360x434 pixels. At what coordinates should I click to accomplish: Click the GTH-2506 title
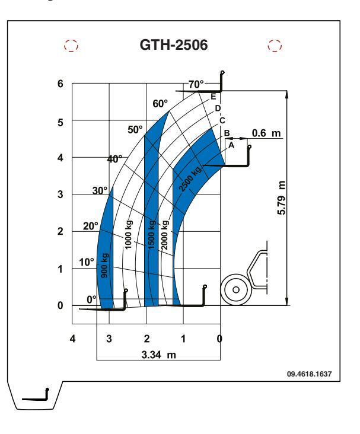174,45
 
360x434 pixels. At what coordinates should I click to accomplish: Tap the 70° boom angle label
196,84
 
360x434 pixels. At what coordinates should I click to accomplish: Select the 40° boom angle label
114,159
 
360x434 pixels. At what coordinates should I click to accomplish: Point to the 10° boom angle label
87,262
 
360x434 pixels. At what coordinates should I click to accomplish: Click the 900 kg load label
105,266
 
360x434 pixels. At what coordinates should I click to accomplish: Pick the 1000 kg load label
129,234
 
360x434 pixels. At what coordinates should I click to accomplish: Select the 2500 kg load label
190,179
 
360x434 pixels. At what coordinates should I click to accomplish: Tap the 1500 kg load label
151,235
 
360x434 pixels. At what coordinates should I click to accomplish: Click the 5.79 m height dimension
281,197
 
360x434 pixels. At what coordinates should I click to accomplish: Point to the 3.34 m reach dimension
159,355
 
